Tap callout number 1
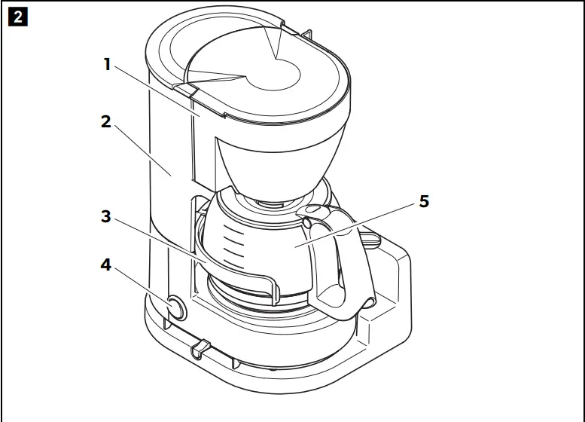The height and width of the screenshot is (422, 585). point(107,65)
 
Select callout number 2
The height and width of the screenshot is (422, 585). point(106,121)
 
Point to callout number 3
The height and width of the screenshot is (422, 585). point(106,217)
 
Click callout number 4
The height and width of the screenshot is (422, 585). point(106,265)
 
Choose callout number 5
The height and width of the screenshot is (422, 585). point(425,201)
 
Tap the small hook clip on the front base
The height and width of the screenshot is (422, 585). point(200,347)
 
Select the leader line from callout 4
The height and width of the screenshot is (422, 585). point(143,286)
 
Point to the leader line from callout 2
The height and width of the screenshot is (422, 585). point(143,150)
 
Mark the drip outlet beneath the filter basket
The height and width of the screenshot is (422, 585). point(273,202)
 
